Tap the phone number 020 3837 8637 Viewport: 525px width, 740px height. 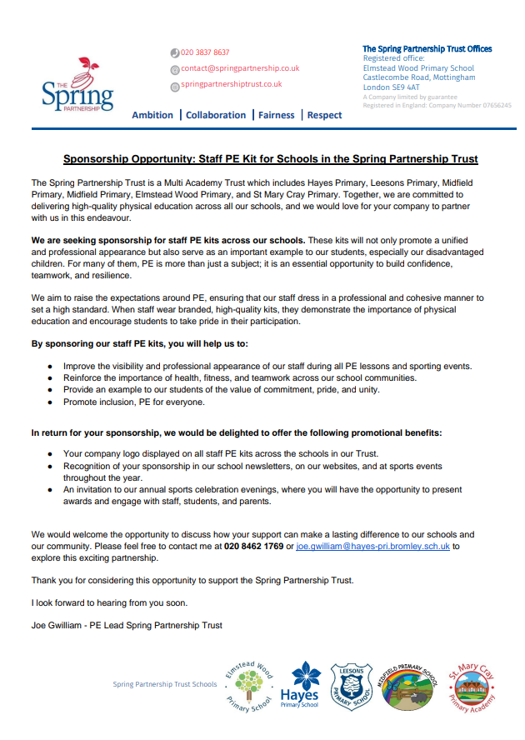pos(205,52)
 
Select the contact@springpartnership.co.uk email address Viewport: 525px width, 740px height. pos(240,68)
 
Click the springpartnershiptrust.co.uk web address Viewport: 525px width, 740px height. pos(232,84)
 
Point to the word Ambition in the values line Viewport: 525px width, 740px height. pos(152,115)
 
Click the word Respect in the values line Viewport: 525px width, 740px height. pos(324,115)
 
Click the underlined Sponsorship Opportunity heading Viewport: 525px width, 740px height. pos(271,158)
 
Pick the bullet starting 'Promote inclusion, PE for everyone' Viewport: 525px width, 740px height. pos(133,402)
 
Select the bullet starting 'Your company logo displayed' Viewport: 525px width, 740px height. pos(208,453)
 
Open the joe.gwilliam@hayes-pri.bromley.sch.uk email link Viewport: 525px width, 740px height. pos(372,546)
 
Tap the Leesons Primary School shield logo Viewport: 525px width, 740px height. pos(351,685)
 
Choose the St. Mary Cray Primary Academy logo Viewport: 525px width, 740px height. pos(472,686)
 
